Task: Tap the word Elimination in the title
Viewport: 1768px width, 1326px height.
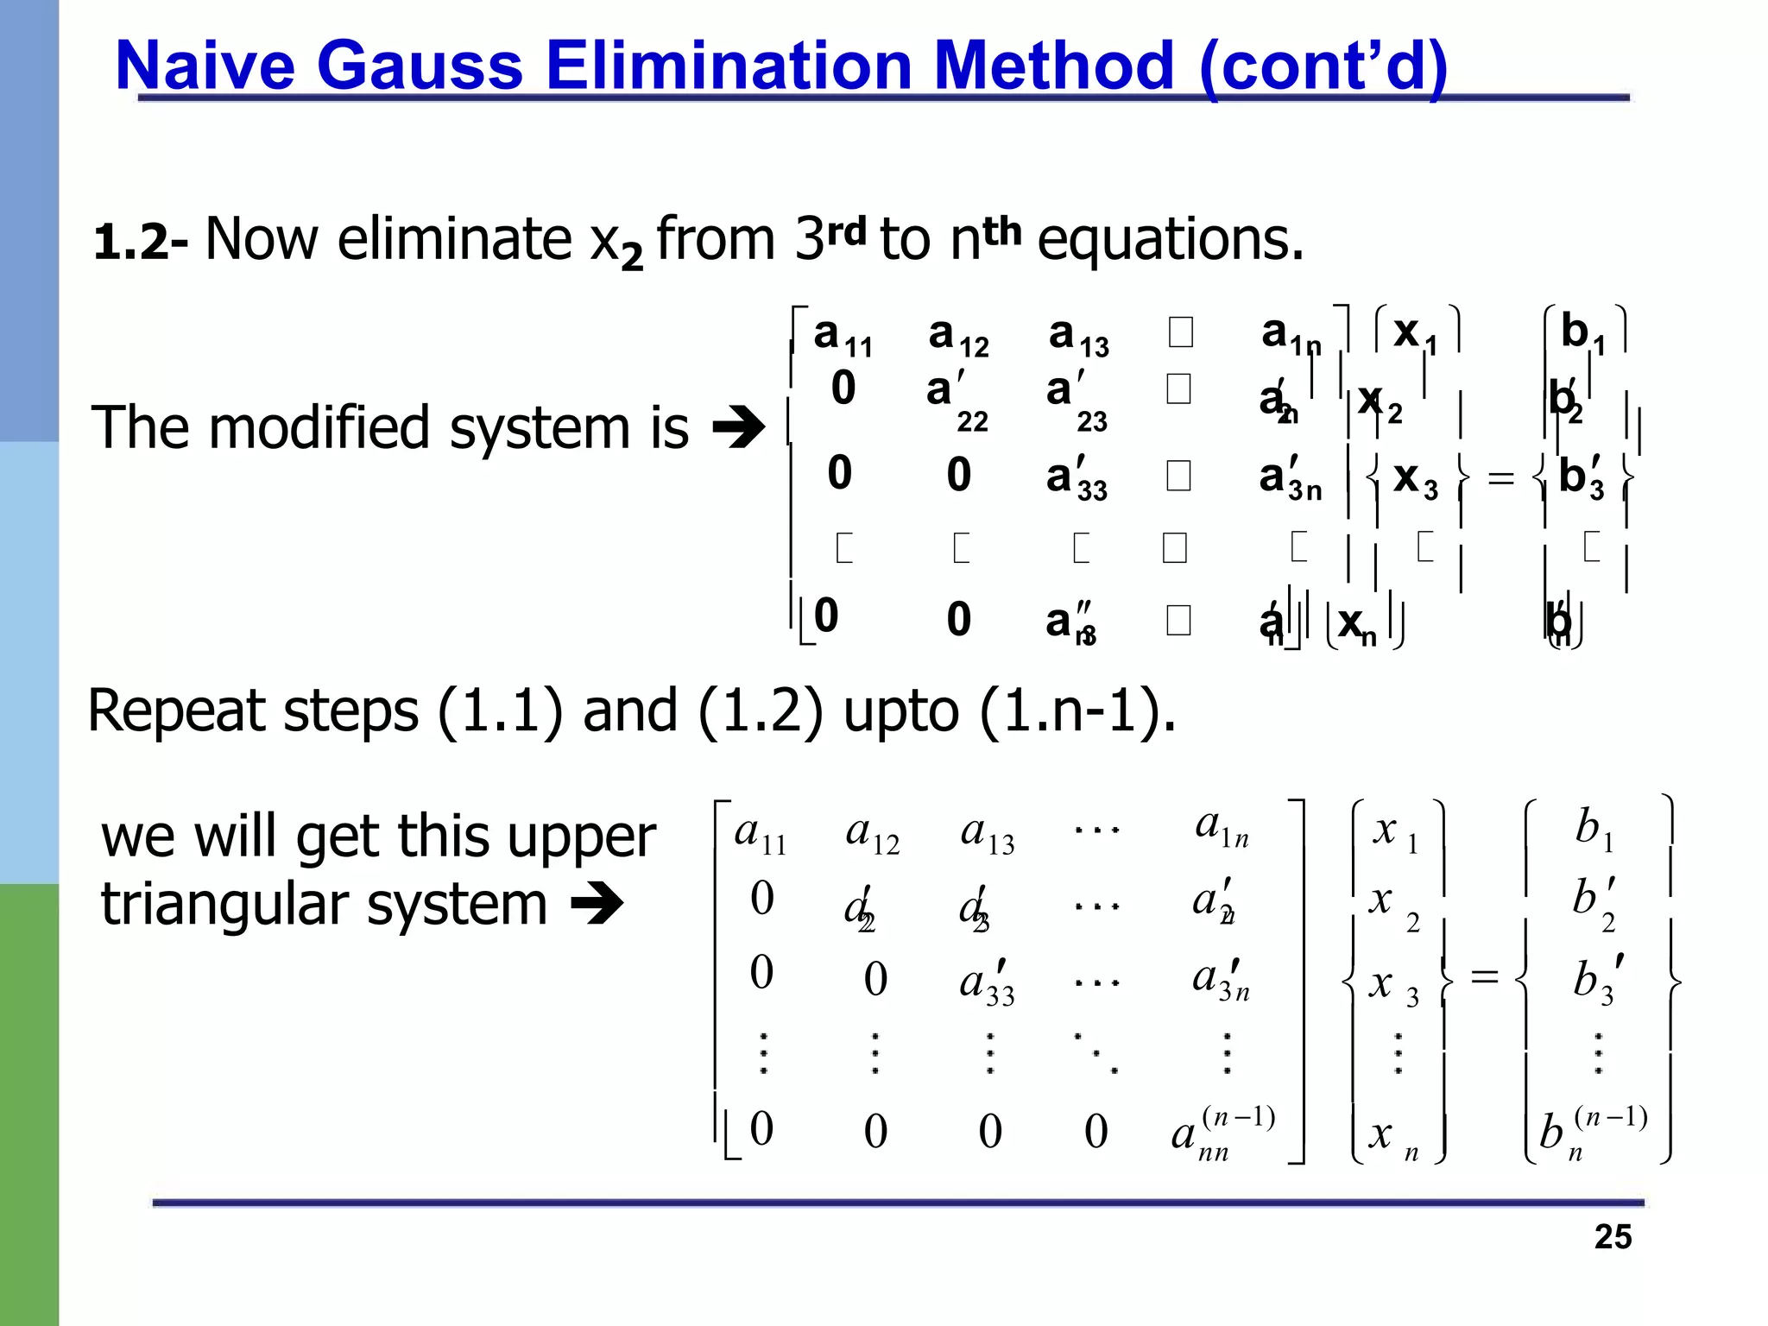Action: click(x=729, y=66)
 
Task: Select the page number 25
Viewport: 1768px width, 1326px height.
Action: click(x=1613, y=1236)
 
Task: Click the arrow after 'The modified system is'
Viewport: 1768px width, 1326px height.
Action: click(x=738, y=428)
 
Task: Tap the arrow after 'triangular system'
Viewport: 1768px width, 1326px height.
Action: click(x=597, y=905)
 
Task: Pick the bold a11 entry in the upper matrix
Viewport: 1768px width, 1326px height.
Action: click(x=842, y=335)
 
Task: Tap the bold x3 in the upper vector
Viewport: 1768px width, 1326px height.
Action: click(x=1415, y=477)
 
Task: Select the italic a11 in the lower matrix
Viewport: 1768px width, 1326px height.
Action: click(x=760, y=834)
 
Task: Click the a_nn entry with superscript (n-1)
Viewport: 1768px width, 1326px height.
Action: click(x=1222, y=1133)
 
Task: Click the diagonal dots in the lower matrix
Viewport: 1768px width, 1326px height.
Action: click(x=1096, y=1053)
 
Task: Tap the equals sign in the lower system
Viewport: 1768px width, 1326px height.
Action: click(x=1484, y=977)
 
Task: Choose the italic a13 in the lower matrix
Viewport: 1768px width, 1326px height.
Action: click(x=988, y=834)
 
